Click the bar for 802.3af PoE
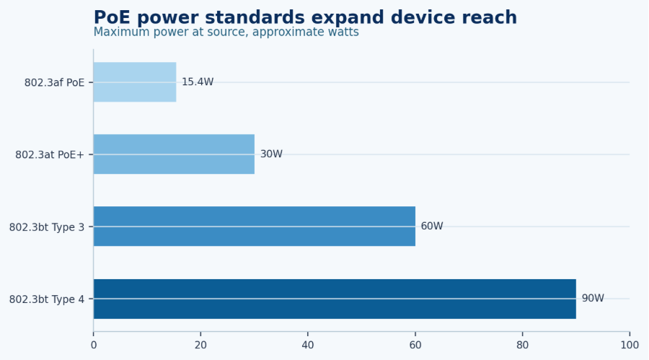coord(135,82)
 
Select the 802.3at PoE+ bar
coord(174,154)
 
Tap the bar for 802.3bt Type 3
coord(255,227)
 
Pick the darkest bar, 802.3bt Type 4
coord(335,299)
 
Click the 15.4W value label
coord(198,82)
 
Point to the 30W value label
coord(271,154)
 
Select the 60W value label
coord(432,227)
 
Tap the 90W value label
coord(593,298)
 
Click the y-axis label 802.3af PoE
coord(54,83)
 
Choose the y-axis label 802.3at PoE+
coord(50,155)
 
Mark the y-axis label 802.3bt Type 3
coord(47,227)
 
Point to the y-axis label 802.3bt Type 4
coord(47,299)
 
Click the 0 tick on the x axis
coord(94,345)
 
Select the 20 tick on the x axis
coord(200,345)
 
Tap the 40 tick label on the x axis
coord(308,345)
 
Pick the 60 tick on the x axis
coord(415,345)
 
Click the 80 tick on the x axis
coord(522,345)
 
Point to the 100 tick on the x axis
coord(630,345)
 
